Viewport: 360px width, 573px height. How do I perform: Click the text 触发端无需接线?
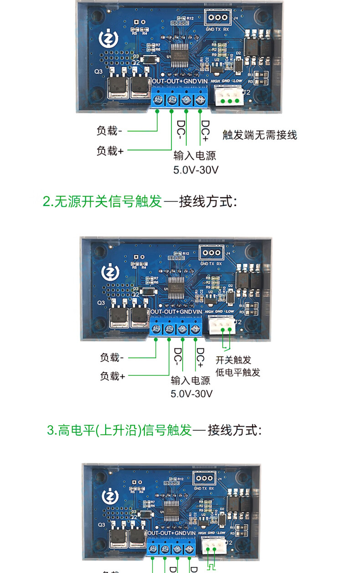(x=259, y=135)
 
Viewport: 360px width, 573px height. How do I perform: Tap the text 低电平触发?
(x=237, y=372)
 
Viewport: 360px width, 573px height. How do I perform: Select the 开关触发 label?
(x=233, y=360)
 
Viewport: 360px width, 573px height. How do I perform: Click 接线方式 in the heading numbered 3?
(x=234, y=430)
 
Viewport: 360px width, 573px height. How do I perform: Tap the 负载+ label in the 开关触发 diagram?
(x=112, y=377)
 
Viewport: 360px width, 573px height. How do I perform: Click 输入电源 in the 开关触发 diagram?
(x=190, y=381)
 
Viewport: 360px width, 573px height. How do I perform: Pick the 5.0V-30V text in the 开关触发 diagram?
(x=191, y=393)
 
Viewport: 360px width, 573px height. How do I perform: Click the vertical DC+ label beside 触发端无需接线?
(x=205, y=131)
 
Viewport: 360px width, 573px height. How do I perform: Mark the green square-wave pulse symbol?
(x=212, y=567)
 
